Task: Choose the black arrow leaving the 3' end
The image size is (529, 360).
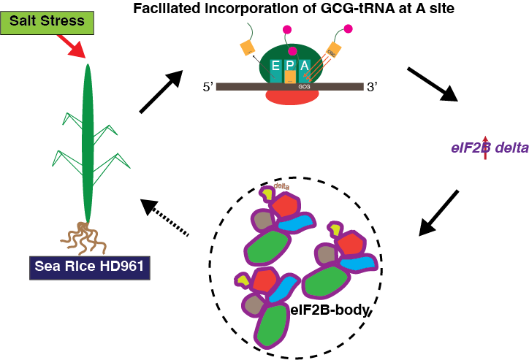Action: (x=432, y=85)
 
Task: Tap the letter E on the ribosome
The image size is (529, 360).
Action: (x=275, y=66)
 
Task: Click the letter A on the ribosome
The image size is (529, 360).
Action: (x=305, y=66)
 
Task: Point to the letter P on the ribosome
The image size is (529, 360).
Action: (x=290, y=66)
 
